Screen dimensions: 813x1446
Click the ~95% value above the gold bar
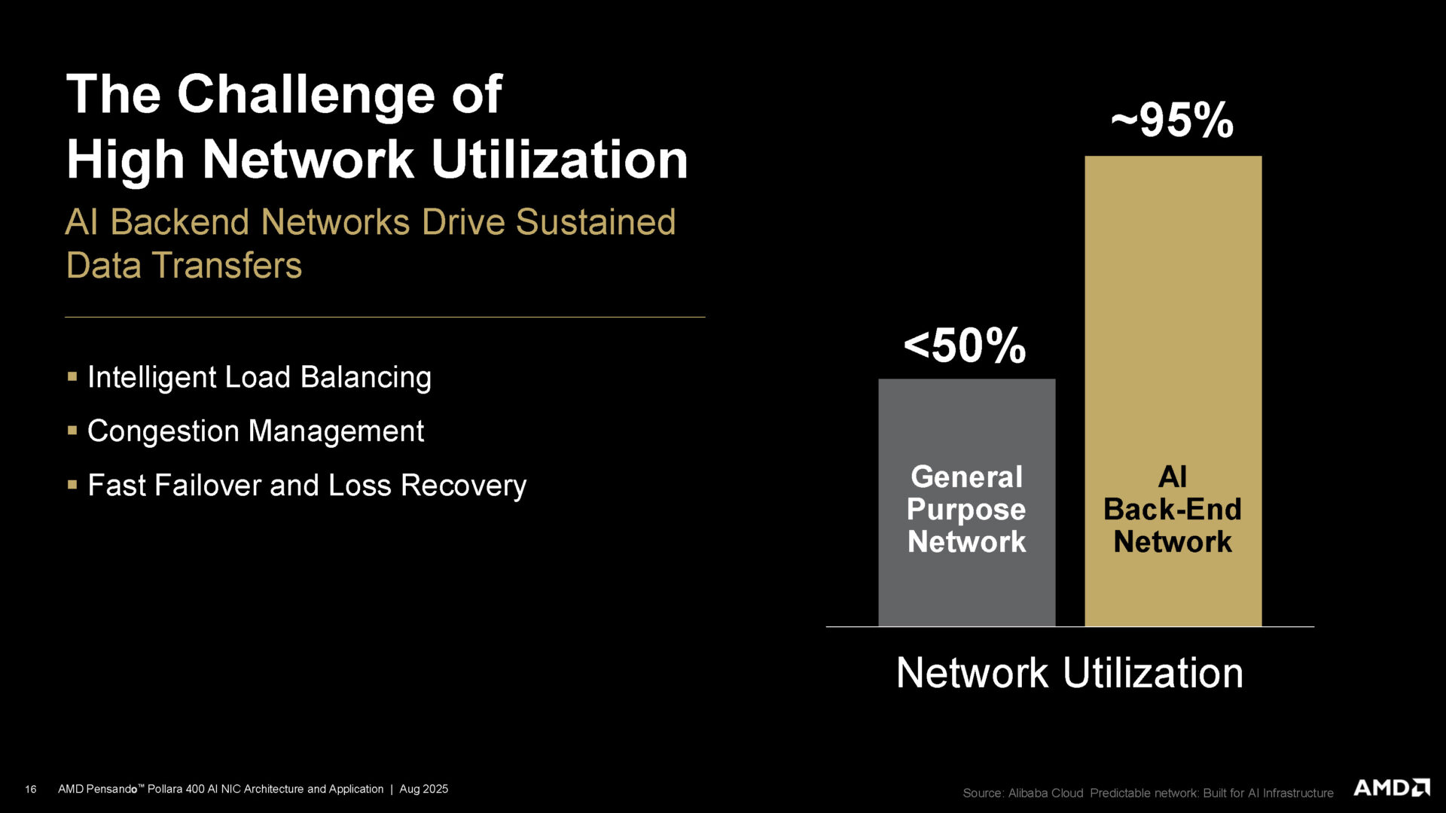pyautogui.click(x=1172, y=120)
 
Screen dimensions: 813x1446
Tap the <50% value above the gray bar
pyautogui.click(x=965, y=346)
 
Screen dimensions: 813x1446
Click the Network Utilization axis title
pyautogui.click(x=1069, y=672)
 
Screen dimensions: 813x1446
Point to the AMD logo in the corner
pyautogui.click(x=1391, y=788)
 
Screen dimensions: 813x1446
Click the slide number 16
pyautogui.click(x=31, y=789)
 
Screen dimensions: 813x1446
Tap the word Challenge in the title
pyautogui.click(x=306, y=95)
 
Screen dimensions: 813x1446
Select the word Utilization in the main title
pyautogui.click(x=560, y=160)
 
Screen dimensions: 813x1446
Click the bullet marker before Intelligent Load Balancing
pyautogui.click(x=72, y=376)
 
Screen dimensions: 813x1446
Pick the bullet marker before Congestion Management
pyautogui.click(x=72, y=431)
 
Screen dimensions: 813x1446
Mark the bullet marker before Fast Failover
pyautogui.click(x=72, y=485)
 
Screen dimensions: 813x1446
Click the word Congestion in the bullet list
pyautogui.click(x=163, y=431)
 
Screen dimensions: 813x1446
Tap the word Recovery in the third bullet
pyautogui.click(x=463, y=486)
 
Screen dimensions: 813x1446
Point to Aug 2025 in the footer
pyautogui.click(x=423, y=789)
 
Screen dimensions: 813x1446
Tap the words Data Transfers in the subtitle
pyautogui.click(x=184, y=266)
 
